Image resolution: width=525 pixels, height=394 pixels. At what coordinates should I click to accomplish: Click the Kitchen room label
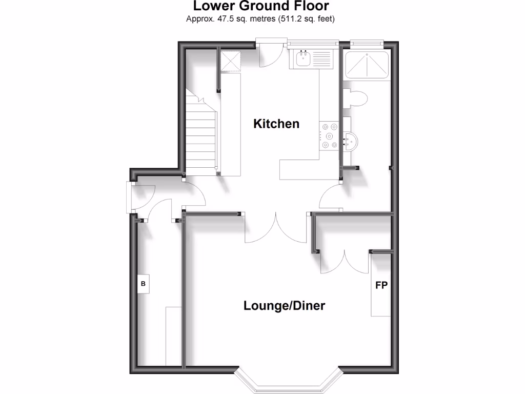coord(276,124)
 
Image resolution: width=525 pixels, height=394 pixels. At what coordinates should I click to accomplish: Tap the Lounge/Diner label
coord(284,306)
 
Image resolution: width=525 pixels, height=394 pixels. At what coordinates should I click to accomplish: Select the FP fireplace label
coord(381,286)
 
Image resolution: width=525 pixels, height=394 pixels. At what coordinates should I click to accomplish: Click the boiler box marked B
coord(143,284)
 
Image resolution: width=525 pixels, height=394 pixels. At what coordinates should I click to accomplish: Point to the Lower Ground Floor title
coord(260,7)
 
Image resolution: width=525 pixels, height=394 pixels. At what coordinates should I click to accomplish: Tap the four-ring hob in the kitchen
coord(328,136)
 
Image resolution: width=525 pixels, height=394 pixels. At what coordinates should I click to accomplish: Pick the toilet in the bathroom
coord(357,98)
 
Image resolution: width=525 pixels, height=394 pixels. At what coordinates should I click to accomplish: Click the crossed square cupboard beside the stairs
coord(230,62)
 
